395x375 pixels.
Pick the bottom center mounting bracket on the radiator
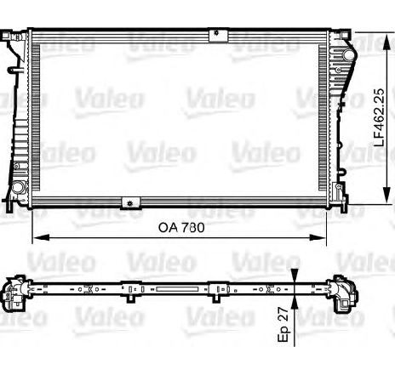pos(130,202)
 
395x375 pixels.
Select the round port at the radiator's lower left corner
pos(18,186)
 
